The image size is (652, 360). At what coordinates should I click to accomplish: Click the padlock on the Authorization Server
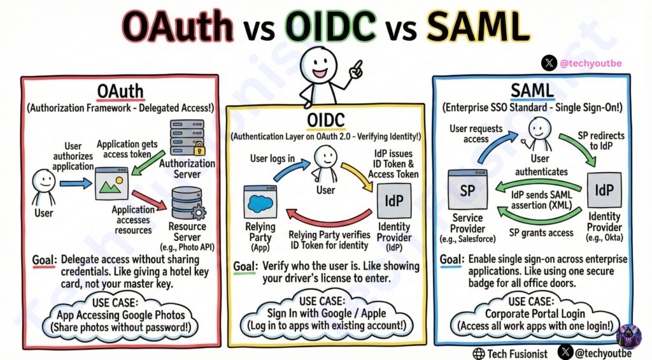(199, 148)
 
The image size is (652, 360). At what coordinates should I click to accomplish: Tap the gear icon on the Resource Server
(199, 213)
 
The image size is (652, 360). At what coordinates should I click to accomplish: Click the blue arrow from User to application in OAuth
(76, 183)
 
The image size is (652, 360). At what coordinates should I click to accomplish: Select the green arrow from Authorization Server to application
(148, 163)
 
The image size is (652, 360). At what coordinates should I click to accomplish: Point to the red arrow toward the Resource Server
(149, 200)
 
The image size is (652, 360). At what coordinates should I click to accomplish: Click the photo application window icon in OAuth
(111, 183)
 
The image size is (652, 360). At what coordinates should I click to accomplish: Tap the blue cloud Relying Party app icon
(260, 202)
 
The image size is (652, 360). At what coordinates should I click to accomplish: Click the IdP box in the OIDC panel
(393, 201)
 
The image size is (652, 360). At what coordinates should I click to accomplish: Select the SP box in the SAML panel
(468, 190)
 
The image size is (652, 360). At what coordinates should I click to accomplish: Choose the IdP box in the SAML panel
(604, 190)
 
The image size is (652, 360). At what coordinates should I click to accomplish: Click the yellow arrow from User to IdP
(358, 176)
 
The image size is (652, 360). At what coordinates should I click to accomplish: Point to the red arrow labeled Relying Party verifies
(329, 219)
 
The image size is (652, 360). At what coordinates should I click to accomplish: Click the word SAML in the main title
(478, 25)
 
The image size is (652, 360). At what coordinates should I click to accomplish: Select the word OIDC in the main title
(330, 25)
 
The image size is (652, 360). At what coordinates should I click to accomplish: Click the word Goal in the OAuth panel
(44, 261)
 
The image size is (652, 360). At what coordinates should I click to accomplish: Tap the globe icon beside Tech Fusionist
(479, 354)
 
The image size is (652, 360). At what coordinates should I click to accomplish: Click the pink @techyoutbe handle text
(591, 63)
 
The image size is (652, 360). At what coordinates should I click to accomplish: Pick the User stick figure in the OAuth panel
(44, 187)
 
